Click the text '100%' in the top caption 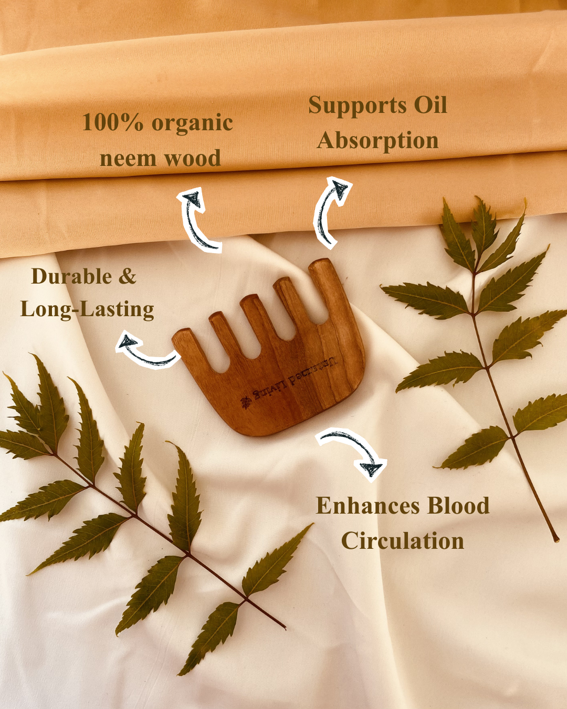[x=112, y=123]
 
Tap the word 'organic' [x=192, y=124]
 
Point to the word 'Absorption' [x=377, y=141]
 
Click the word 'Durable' [x=71, y=277]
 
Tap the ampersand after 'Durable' [x=128, y=277]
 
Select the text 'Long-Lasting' [x=87, y=309]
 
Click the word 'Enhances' [x=367, y=506]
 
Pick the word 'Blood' [x=458, y=506]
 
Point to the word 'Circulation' [x=403, y=541]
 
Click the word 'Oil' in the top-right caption [x=430, y=106]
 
